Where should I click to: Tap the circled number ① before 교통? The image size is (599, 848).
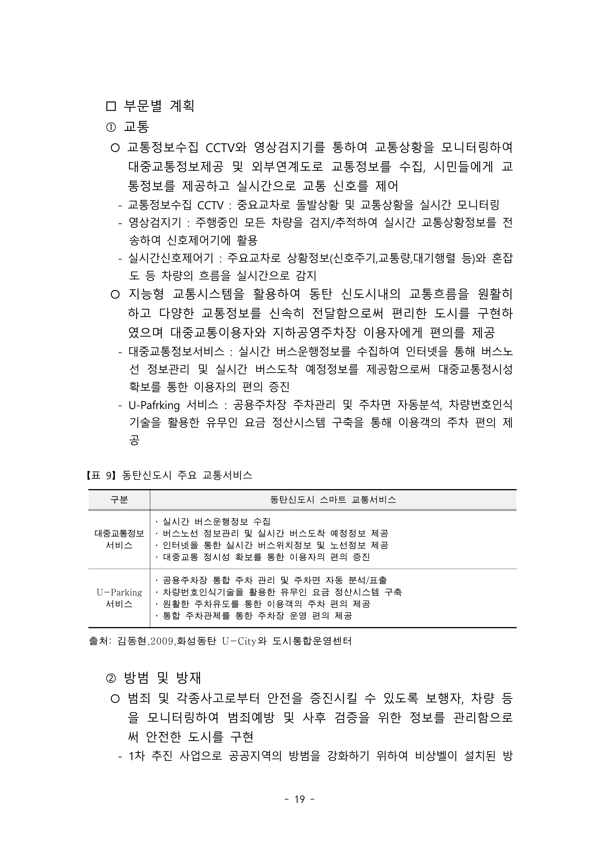[x=111, y=128]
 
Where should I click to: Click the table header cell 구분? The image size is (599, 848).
[x=119, y=500]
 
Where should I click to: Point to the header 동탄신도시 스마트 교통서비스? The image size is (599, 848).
[x=333, y=500]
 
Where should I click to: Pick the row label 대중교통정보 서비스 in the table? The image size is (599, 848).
[x=119, y=539]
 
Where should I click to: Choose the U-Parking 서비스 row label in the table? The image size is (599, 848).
[x=119, y=598]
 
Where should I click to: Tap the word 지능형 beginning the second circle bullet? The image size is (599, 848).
[x=146, y=294]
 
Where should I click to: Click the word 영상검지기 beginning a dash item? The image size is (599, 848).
[x=155, y=222]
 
